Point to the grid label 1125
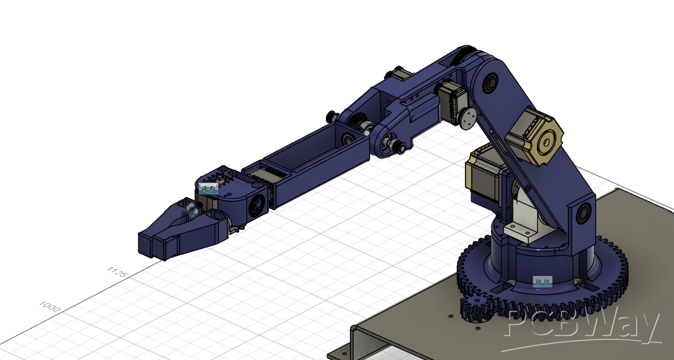pyautogui.click(x=117, y=272)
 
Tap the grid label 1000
pyautogui.click(x=50, y=306)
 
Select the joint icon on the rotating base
pyautogui.click(x=542, y=282)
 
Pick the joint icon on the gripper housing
pyautogui.click(x=209, y=188)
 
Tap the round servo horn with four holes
pyautogui.click(x=467, y=118)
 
